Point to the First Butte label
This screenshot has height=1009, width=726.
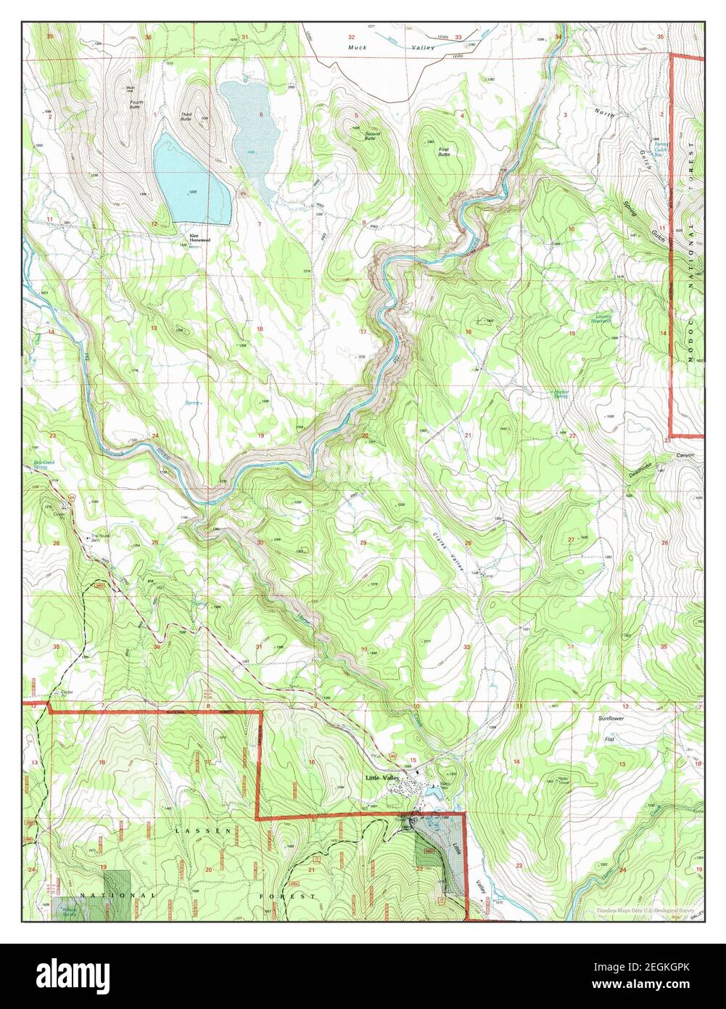444,152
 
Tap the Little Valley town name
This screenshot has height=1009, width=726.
382,778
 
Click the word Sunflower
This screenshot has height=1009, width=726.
610,718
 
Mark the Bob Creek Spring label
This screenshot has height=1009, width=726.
45,465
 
